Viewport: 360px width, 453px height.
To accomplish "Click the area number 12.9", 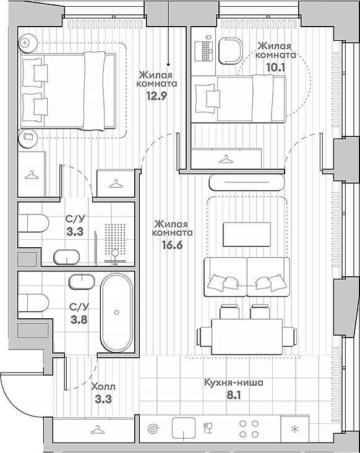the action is point(156,96).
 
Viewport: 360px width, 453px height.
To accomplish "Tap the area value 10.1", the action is point(275,67).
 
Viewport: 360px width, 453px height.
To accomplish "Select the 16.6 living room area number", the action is point(173,245).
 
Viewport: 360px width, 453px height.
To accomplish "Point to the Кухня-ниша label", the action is point(234,383).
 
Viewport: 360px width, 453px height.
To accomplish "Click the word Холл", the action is point(103,386).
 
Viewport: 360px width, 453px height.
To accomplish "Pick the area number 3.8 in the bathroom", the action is point(79,320).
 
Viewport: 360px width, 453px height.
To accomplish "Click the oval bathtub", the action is point(116,313).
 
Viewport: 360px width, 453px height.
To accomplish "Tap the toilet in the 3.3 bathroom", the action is point(33,222).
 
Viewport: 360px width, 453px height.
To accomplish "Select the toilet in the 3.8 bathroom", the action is point(33,302).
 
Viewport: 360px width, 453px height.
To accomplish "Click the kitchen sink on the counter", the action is point(184,428).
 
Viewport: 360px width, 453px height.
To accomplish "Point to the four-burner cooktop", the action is point(249,429).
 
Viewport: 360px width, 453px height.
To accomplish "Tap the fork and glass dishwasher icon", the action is point(208,428).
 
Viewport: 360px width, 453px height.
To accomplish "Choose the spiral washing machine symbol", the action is point(153,429).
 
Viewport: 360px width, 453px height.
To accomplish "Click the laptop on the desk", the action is point(204,51).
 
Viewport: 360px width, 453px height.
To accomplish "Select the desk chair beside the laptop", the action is point(230,51).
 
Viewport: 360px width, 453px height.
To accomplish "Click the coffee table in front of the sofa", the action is point(247,234).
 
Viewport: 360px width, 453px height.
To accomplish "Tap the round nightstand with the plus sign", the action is point(28,43).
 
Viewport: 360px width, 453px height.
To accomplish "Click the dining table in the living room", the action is point(247,336).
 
